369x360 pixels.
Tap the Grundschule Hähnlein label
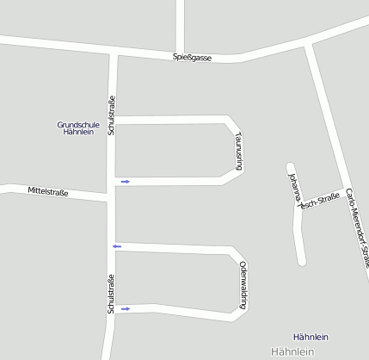pyautogui.click(x=79, y=128)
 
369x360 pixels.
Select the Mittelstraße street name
pyautogui.click(x=47, y=191)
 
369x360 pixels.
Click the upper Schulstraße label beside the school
pyautogui.click(x=111, y=117)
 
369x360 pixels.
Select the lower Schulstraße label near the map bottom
pyautogui.click(x=111, y=293)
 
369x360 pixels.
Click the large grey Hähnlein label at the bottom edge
pyautogui.click(x=294, y=352)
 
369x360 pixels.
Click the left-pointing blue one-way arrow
pyautogui.click(x=117, y=246)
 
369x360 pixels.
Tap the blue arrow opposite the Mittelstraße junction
pyautogui.click(x=125, y=181)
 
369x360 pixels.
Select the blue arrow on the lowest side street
pyautogui.click(x=125, y=308)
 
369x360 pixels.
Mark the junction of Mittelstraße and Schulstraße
pyautogui.click(x=110, y=197)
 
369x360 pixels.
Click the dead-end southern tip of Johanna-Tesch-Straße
pyautogui.click(x=301, y=260)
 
